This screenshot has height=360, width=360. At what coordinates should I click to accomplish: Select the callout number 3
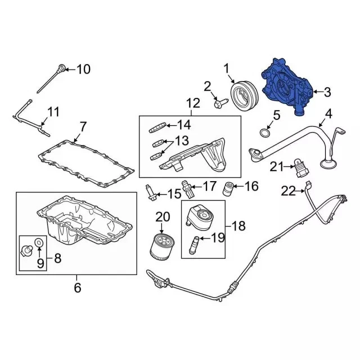327,92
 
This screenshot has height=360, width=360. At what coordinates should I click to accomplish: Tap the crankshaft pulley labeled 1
244,96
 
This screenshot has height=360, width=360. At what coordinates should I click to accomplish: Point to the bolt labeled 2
221,103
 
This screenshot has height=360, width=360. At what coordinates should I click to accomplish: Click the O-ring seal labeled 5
265,133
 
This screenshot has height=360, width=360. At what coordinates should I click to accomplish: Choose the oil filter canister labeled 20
161,247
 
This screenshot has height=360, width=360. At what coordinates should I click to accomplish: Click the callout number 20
163,217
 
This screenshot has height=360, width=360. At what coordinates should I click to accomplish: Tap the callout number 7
83,127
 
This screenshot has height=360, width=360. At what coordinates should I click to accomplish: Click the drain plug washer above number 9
39,242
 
